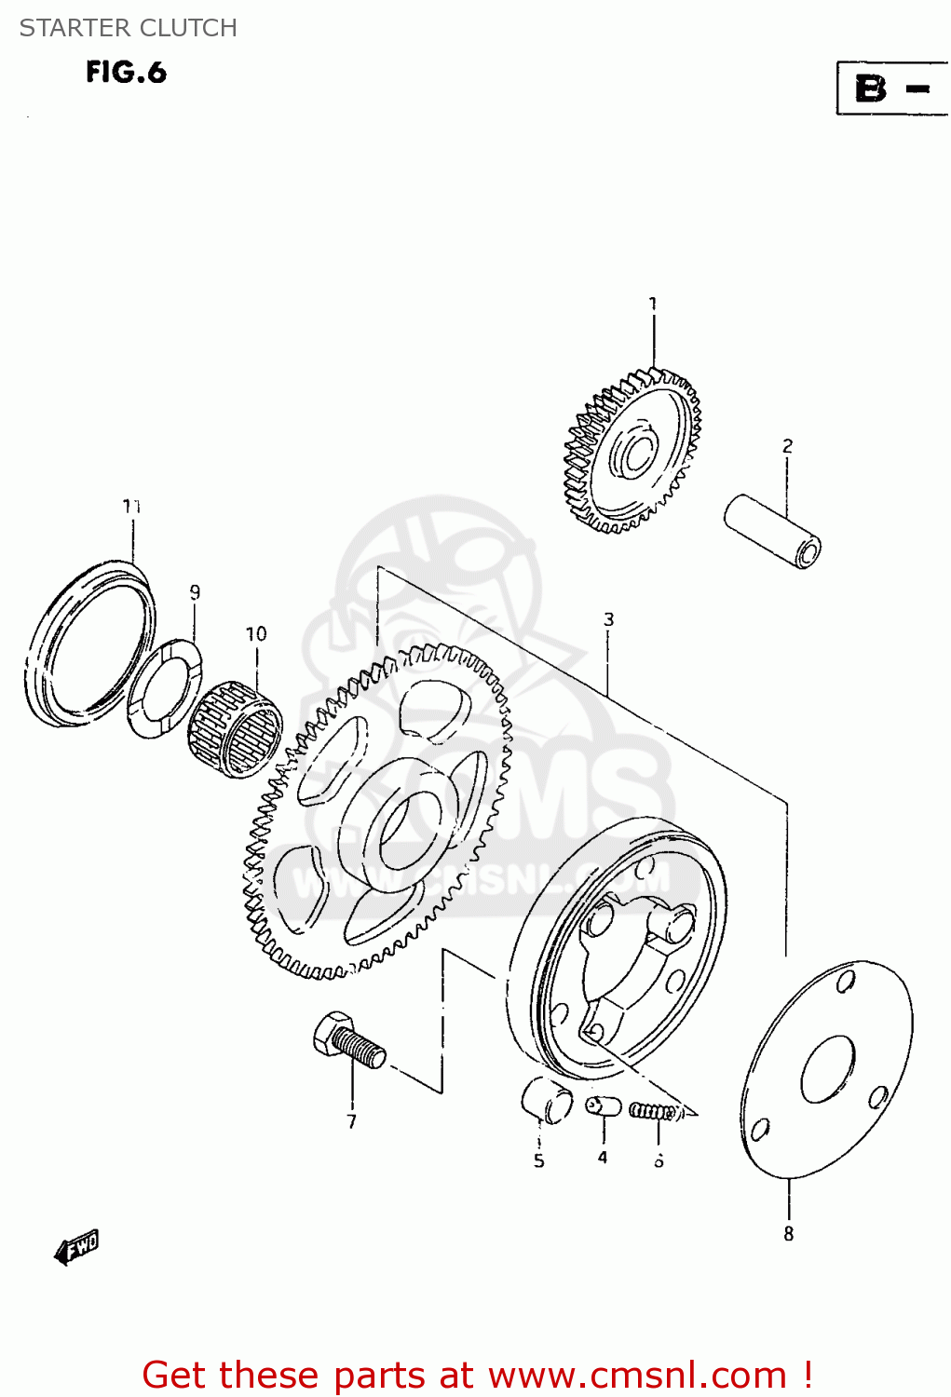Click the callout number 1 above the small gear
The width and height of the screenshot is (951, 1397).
[x=653, y=304]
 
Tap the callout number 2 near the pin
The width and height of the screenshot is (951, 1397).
[x=787, y=446]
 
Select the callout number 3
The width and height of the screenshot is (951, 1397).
[x=608, y=619]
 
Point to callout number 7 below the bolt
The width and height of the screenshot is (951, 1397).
[x=352, y=1122]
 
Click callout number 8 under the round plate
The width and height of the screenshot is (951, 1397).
[x=788, y=1234]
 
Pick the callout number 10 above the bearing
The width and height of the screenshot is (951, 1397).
[x=256, y=634]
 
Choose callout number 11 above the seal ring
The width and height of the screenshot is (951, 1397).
[x=131, y=506]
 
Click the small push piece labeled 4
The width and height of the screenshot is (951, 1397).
[x=604, y=1105]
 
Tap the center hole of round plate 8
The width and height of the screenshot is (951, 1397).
[x=827, y=1068]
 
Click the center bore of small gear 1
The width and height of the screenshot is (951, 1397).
[x=639, y=455]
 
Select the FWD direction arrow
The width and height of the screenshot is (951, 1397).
[x=76, y=1247]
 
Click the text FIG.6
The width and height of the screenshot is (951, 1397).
[x=126, y=73]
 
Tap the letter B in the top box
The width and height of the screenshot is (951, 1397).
[x=871, y=88]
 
